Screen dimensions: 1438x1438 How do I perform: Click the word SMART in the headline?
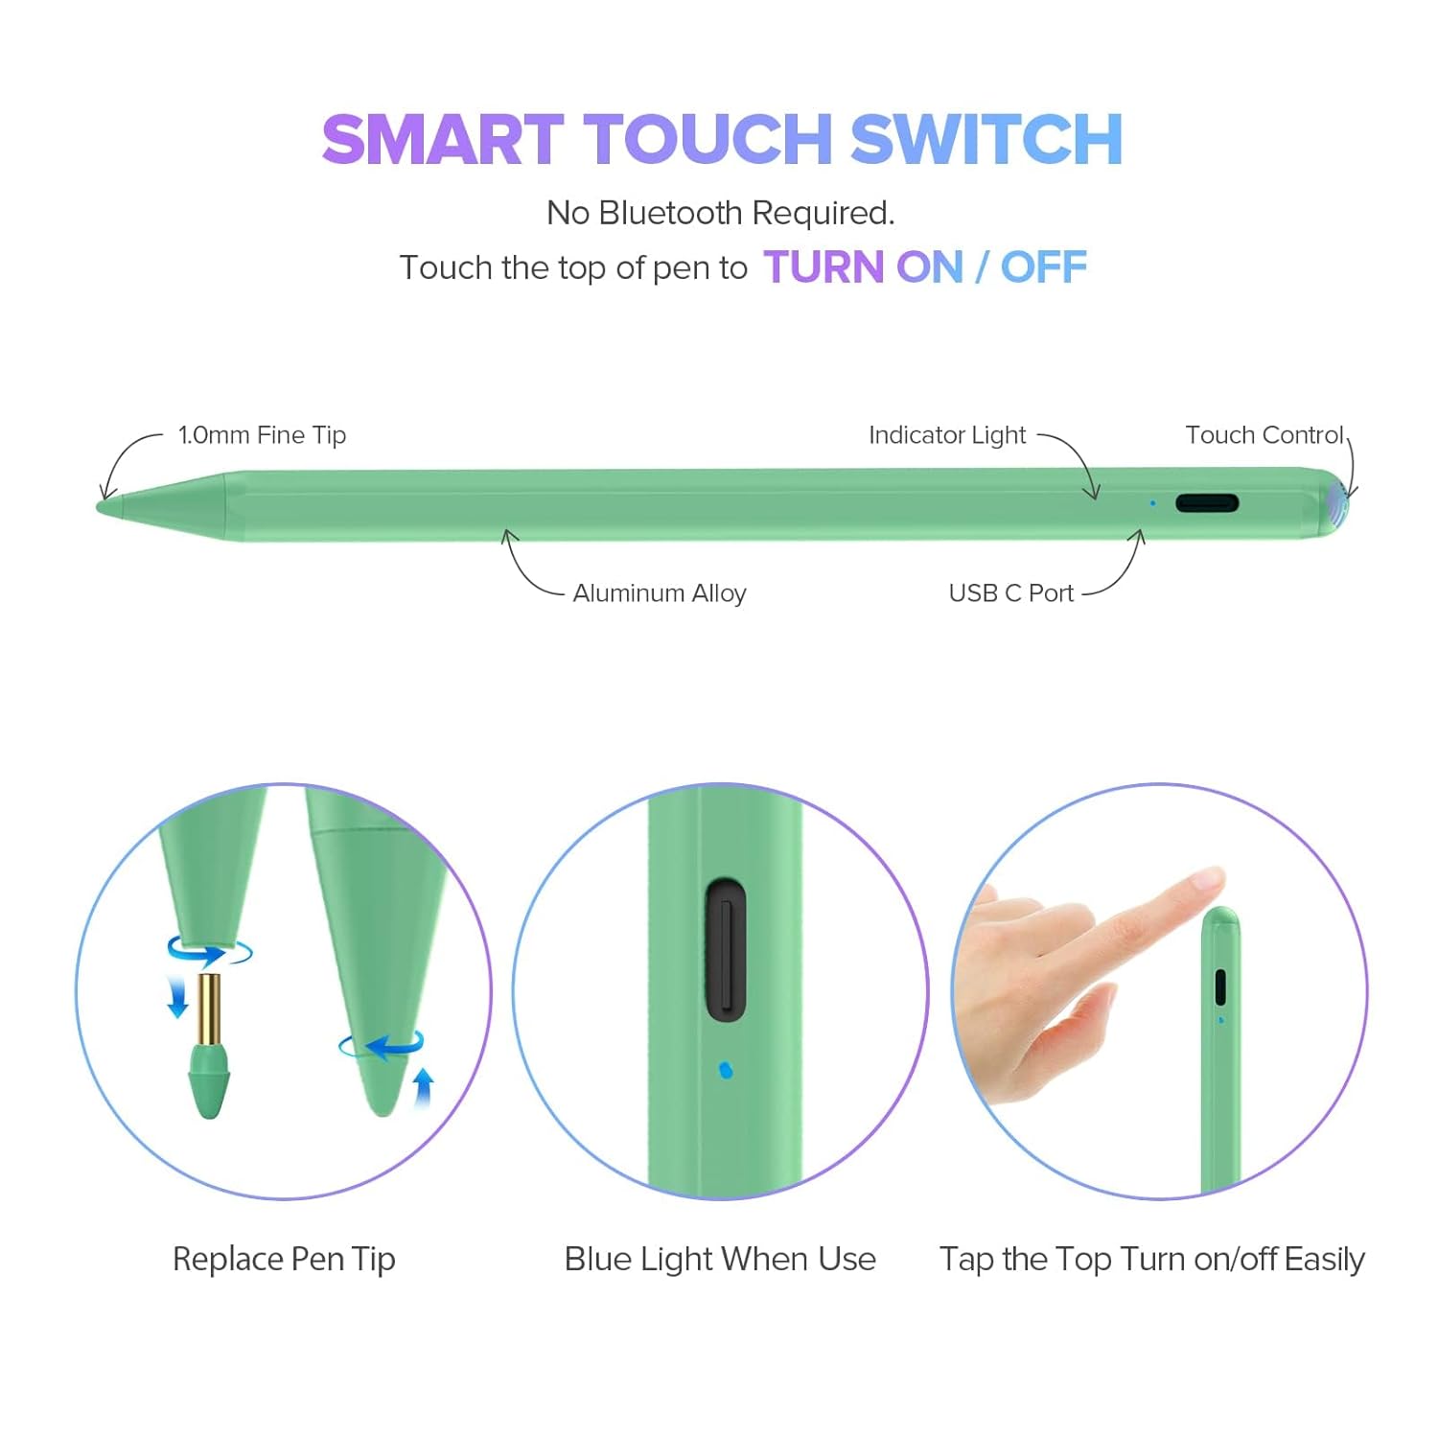[443, 139]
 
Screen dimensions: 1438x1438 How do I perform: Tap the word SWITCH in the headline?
[986, 139]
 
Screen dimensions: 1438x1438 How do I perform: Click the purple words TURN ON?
[863, 267]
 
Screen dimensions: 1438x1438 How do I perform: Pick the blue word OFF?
[1044, 267]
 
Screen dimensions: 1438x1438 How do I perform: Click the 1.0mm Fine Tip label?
[262, 435]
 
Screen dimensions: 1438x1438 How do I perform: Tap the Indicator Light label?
[947, 435]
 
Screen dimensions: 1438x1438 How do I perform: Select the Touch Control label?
[1264, 435]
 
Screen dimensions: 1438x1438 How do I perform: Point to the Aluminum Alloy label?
[660, 593]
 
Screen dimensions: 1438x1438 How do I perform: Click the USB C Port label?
[1011, 593]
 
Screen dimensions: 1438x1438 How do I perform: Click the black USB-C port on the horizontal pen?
[1207, 503]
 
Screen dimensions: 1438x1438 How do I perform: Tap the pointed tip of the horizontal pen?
[100, 505]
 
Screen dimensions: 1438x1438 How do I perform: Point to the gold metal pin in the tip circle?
[209, 1009]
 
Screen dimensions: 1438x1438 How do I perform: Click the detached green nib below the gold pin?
[209, 1080]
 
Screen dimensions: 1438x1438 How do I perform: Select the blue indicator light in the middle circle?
[726, 1070]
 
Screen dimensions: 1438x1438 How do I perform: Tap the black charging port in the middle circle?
[726, 949]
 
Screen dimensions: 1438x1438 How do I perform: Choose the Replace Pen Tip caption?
[284, 1260]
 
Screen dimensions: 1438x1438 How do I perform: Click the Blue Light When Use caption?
[720, 1259]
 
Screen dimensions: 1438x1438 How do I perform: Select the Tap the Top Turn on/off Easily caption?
[1152, 1260]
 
